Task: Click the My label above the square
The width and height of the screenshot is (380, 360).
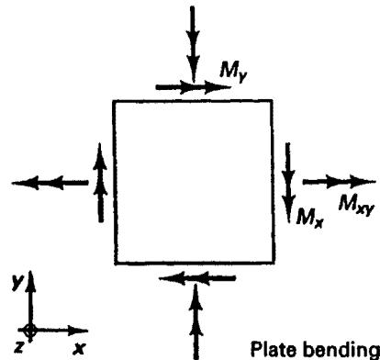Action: pos(233,73)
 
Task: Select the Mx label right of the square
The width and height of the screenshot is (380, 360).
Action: pos(309,218)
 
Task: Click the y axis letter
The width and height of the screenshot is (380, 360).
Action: pos(17,281)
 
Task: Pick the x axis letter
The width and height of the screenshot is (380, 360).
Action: pos(79,348)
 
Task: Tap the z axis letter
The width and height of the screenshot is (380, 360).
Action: pos(19,347)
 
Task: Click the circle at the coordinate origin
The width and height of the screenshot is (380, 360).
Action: pos(30,330)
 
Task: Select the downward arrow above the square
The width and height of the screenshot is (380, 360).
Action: pos(193,44)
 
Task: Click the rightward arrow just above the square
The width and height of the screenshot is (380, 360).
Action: pos(194,87)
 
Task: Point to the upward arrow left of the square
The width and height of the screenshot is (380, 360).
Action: pos(100,183)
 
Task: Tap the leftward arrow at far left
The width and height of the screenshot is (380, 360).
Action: pos(50,183)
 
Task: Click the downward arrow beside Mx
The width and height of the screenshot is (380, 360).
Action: pos(288,183)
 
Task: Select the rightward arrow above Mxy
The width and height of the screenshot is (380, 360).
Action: pos(339,182)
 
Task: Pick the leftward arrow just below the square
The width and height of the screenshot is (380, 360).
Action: pos(197,278)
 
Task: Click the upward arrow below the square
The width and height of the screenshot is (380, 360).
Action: pos(196,322)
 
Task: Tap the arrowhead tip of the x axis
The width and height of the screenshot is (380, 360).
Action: pos(88,331)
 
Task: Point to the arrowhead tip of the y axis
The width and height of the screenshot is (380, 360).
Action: pos(30,271)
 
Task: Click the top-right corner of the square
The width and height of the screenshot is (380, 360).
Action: pos(273,100)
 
